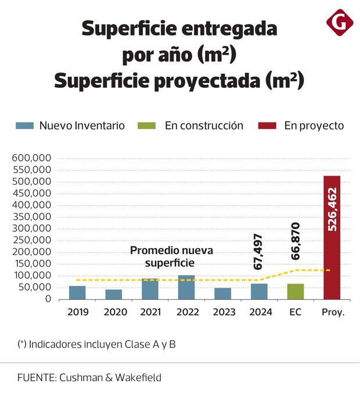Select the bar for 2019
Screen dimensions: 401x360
tap(77, 292)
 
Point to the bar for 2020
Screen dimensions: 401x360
tap(114, 294)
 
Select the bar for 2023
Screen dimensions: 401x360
tap(222, 293)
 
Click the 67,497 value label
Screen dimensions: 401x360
tap(259, 252)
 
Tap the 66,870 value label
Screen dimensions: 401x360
tap(295, 241)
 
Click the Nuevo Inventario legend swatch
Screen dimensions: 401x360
tap(25, 126)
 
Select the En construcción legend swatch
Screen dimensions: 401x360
tap(147, 126)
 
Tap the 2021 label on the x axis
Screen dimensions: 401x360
tap(150, 312)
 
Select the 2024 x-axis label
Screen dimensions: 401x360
tap(260, 312)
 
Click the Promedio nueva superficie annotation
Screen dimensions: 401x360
tap(171, 257)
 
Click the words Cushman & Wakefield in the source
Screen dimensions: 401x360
tap(110, 377)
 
